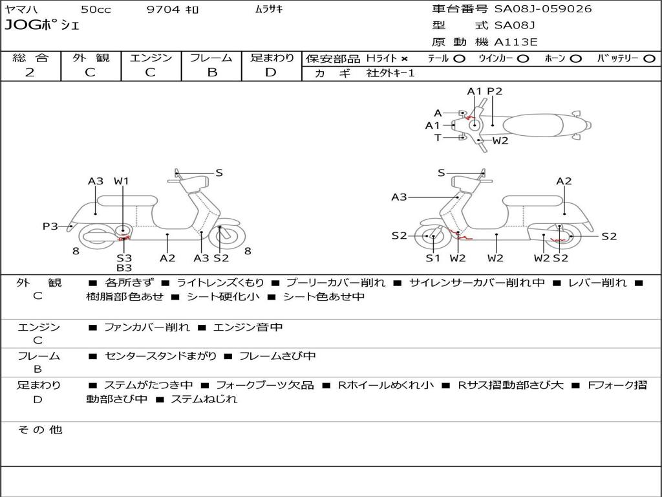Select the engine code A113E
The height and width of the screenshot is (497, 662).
[516, 43]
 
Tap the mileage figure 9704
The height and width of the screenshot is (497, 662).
[163, 10]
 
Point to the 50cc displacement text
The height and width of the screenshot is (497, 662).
[96, 10]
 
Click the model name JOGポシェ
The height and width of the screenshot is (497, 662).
[41, 26]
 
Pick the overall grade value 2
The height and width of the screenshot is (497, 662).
[30, 72]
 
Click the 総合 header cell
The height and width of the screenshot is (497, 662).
[30, 58]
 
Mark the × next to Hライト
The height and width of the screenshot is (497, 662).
[405, 59]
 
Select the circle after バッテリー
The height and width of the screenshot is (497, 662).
[649, 59]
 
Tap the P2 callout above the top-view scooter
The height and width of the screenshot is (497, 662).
[495, 91]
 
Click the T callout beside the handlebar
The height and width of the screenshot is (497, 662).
[438, 138]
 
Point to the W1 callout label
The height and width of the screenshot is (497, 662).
[122, 181]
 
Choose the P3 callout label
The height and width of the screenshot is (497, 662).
[50, 226]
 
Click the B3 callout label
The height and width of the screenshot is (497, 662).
[124, 267]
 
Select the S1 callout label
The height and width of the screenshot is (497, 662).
[432, 258]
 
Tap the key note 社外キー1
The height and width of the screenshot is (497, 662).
[391, 73]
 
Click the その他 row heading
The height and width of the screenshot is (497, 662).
[39, 430]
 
